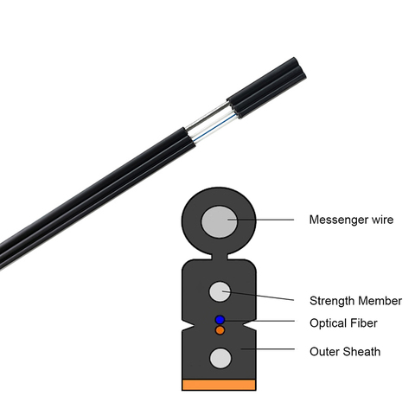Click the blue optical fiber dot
[x=220, y=320]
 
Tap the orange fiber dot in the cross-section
[x=220, y=330]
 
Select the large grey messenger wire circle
[x=220, y=221]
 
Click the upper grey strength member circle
[x=220, y=291]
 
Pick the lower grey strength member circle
[x=220, y=358]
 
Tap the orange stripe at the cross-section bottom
[x=219, y=385]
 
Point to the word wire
[x=382, y=220]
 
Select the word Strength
[x=332, y=301]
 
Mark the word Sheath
[x=362, y=352]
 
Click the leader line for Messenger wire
[x=260, y=220]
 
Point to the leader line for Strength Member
[x=259, y=296]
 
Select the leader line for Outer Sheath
[x=268, y=349]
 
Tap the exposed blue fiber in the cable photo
[x=214, y=128]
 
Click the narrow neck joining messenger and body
[x=219, y=256]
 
